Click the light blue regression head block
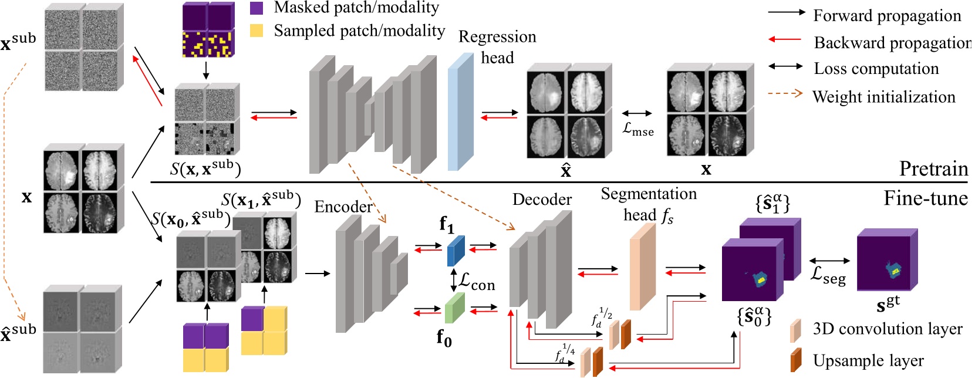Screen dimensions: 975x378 tap(461, 112)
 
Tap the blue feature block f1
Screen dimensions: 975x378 tap(456, 251)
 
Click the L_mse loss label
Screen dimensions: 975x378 tap(638, 129)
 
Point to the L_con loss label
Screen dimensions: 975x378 tap(477, 283)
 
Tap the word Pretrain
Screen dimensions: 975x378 tap(934, 168)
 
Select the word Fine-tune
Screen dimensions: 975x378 tap(926, 198)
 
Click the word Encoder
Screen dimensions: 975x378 tap(343, 207)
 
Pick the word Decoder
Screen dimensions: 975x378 tap(542, 199)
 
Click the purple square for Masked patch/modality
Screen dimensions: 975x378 tap(257, 8)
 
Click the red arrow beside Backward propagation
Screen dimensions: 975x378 tap(785, 39)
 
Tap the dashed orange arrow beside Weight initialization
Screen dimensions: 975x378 tap(785, 93)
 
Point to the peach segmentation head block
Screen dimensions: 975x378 tap(643, 266)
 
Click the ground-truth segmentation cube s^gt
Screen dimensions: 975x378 tap(887, 259)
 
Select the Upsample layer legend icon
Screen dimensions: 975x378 tap(795, 360)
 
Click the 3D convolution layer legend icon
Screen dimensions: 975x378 tap(795, 330)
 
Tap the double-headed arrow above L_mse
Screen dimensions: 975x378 tap(637, 114)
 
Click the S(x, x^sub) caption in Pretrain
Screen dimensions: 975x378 tap(205, 168)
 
